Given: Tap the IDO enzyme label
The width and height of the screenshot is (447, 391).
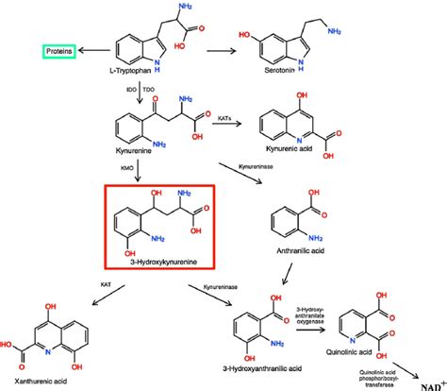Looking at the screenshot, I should [x=132, y=87].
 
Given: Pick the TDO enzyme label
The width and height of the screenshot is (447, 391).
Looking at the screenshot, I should [x=149, y=87].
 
